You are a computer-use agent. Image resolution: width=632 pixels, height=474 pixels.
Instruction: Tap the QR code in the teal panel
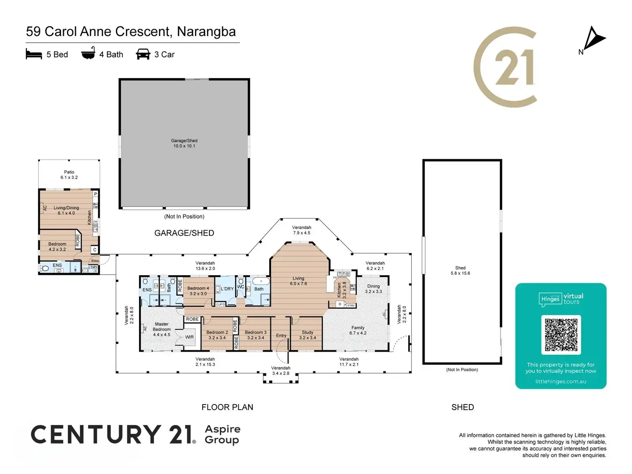(x=561, y=335)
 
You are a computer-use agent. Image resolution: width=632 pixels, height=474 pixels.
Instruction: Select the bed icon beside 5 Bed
(x=34, y=54)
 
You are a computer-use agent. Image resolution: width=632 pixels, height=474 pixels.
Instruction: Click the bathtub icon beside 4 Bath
(x=88, y=54)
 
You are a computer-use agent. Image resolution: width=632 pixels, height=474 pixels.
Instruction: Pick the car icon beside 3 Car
(x=143, y=54)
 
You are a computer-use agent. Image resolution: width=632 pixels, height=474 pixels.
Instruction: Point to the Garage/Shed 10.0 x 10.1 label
(x=184, y=143)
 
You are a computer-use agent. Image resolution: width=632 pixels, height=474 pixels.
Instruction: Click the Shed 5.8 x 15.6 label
(x=460, y=270)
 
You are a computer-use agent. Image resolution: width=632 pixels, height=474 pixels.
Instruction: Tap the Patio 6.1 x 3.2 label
(x=69, y=175)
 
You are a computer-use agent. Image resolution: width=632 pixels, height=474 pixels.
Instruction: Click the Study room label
(x=307, y=335)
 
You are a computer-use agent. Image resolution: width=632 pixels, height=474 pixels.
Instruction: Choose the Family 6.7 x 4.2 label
(x=358, y=330)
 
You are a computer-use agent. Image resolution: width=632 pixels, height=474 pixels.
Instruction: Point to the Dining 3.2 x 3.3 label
(x=374, y=289)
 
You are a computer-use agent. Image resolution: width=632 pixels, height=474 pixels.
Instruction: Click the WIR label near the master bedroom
(x=189, y=337)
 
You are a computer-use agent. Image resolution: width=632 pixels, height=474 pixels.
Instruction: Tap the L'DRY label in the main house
(x=227, y=289)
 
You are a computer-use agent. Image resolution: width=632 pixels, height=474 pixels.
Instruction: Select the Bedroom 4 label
(x=198, y=291)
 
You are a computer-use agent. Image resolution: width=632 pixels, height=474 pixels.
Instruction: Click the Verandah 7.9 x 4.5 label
(x=301, y=230)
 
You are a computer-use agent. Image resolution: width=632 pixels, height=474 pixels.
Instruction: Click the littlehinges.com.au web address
(x=561, y=381)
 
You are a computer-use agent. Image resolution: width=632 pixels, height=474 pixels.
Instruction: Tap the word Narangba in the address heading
(x=206, y=32)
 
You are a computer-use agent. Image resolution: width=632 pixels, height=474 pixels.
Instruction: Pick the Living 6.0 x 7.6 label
(x=298, y=281)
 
